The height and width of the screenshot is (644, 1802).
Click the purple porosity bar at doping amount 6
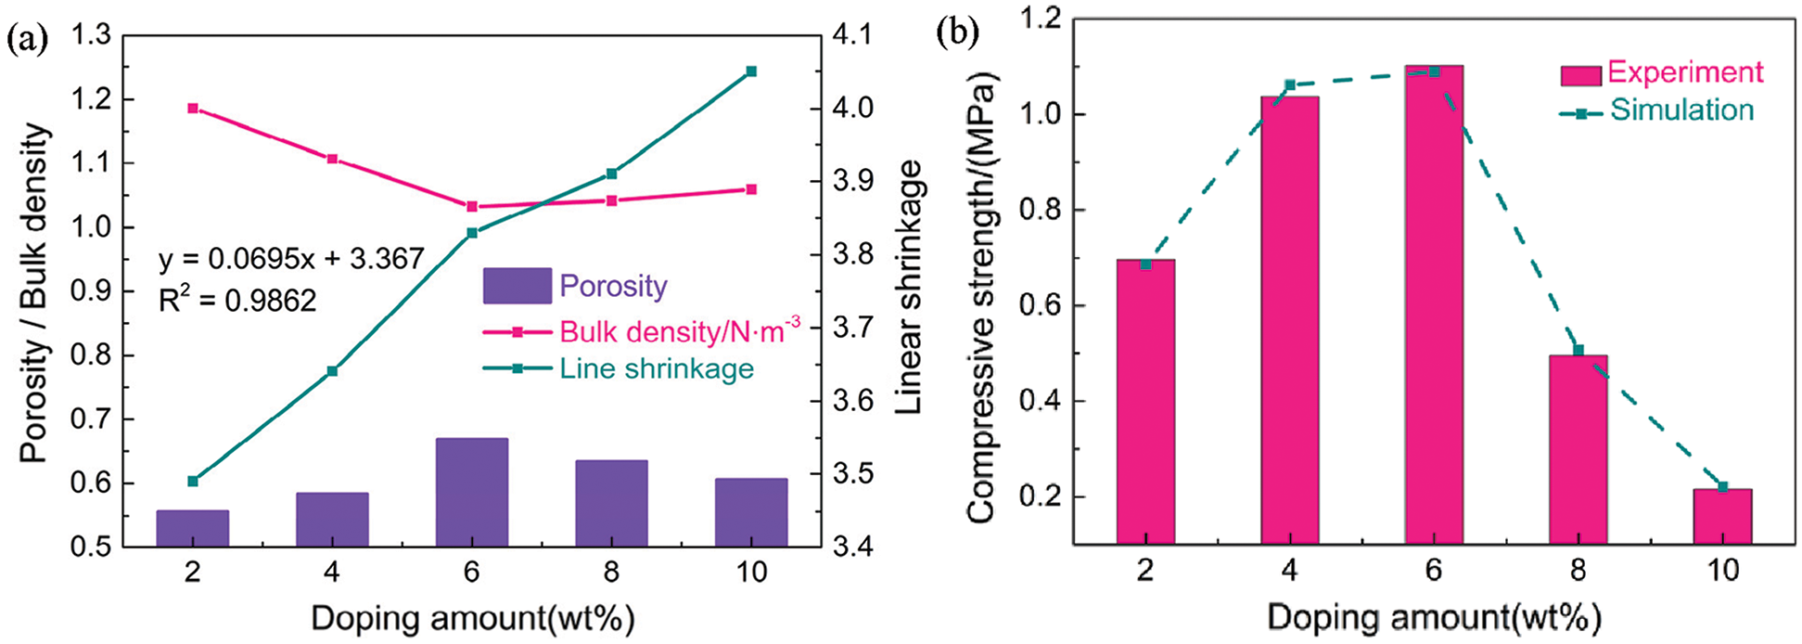[471, 492]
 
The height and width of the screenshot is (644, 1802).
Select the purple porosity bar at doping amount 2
[192, 528]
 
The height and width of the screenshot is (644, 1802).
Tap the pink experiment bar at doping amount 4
[1289, 319]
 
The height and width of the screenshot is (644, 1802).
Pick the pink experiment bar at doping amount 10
[1722, 516]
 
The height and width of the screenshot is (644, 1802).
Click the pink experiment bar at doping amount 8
[1578, 449]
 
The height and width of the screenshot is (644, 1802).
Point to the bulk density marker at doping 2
[193, 108]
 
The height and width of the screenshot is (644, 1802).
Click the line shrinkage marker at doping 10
[751, 71]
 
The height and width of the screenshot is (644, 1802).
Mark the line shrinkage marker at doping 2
[193, 481]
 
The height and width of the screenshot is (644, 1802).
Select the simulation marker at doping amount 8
[1578, 350]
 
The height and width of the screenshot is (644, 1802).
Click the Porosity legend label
[613, 286]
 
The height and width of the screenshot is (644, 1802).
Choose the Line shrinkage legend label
[657, 368]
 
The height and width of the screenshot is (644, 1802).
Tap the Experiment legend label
[1685, 72]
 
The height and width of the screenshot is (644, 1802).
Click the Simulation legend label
[1681, 110]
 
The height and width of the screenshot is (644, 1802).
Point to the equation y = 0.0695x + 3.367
[291, 258]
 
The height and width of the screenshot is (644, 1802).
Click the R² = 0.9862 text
[237, 300]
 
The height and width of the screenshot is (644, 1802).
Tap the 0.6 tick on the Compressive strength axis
[1040, 307]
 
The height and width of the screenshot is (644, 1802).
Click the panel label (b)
[956, 33]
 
